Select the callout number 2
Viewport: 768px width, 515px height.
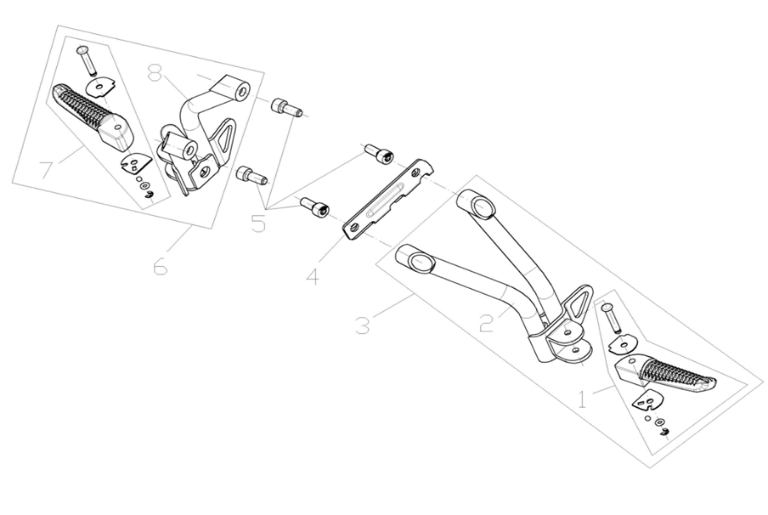486,322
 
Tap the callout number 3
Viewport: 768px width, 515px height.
363,325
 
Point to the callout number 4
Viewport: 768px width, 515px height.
313,276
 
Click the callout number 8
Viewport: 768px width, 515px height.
155,73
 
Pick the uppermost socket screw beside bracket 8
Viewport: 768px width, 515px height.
286,108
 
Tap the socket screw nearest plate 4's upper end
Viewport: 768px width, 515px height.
380,153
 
